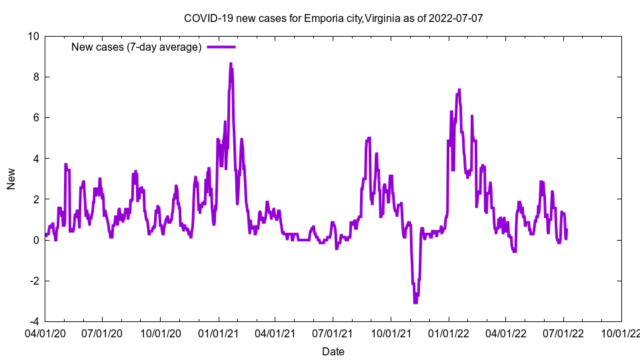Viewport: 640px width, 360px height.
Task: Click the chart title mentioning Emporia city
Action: click(333, 18)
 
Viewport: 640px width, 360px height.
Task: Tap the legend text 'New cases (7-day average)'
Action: click(136, 47)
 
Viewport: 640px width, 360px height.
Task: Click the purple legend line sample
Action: click(221, 47)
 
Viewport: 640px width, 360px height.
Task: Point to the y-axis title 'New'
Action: click(11, 179)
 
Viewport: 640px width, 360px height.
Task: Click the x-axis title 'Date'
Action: click(333, 351)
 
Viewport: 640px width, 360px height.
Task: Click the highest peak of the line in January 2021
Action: click(231, 64)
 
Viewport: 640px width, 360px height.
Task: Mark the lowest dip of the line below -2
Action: click(415, 302)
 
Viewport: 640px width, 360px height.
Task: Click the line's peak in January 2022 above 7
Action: click(459, 89)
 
